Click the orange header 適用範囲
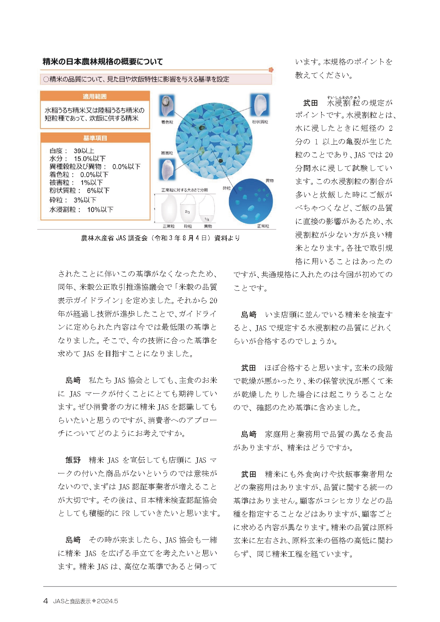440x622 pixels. pos(95,96)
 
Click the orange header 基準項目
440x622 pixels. pos(95,138)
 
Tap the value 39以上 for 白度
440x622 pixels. pos(84,151)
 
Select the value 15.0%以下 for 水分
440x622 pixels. pos(89,159)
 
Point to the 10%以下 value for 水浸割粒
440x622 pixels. pos(100,210)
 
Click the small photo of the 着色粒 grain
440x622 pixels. pos(167,106)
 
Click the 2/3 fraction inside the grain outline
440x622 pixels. pos(187,212)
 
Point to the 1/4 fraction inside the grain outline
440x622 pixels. pos(207,219)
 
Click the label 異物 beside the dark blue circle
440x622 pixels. pos(269,181)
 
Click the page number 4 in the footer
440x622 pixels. pos(45,601)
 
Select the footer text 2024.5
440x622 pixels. pos(107,601)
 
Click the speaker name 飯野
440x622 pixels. pos(73,460)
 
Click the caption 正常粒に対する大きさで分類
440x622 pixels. pos(184,190)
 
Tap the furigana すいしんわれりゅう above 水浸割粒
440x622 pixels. pos(344,97)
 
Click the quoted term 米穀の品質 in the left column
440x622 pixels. pos(197,287)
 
